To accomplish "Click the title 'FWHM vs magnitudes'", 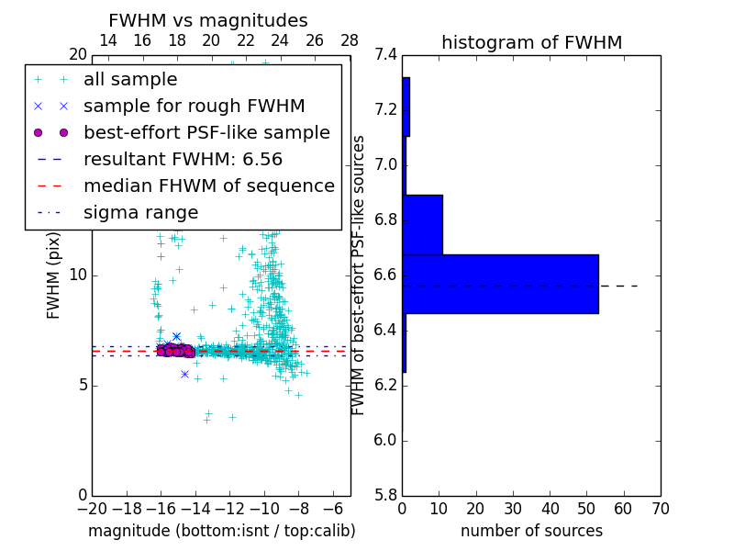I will (x=207, y=20).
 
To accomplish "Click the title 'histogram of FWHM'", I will (x=531, y=42).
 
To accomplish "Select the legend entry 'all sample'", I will (x=130, y=80).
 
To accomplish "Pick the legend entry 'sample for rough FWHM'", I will (x=194, y=107).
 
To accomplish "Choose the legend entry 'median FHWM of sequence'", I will (x=208, y=186).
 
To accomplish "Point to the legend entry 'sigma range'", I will (x=140, y=212).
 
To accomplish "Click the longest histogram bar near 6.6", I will (x=500, y=284).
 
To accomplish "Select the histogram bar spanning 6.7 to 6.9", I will (x=422, y=224).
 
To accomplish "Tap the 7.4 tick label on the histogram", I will (x=386, y=55).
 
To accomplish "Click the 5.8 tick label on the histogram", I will (x=386, y=495).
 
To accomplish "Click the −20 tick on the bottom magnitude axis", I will (x=92, y=508).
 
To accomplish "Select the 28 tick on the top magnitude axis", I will (x=350, y=40).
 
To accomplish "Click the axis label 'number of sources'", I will (x=531, y=531).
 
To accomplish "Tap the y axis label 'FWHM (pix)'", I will (x=54, y=275).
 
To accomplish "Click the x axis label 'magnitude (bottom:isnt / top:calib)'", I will (x=221, y=531).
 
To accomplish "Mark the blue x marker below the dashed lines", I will (x=184, y=374).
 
